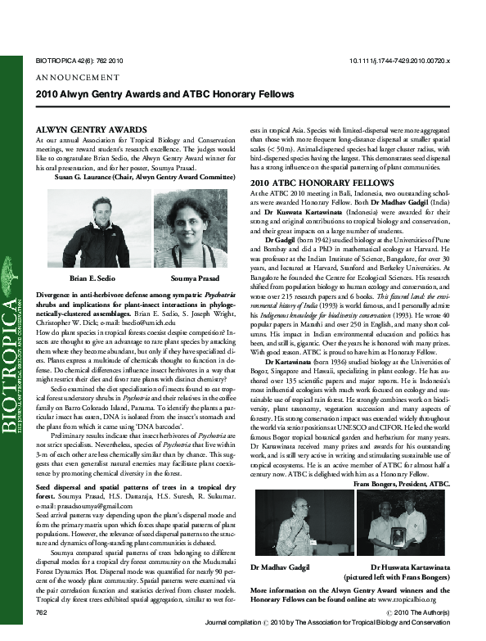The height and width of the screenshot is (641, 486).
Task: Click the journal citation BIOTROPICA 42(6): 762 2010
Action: tap(79, 61)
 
